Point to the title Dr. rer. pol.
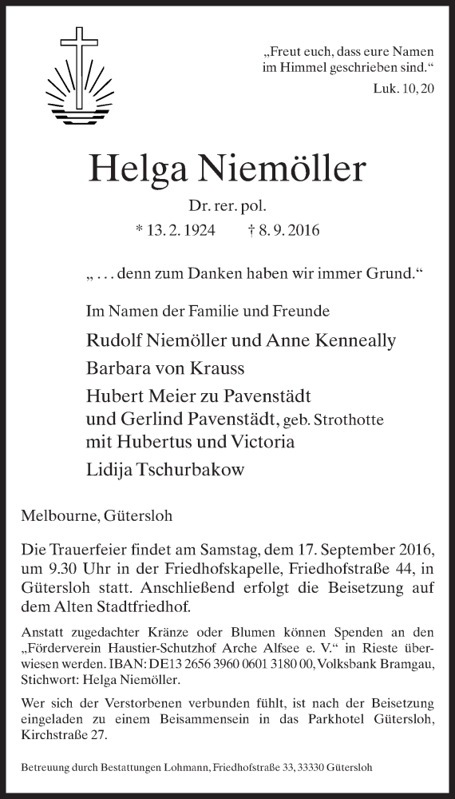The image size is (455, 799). pyautogui.click(x=227, y=207)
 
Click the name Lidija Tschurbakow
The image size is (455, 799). pyautogui.click(x=164, y=469)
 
